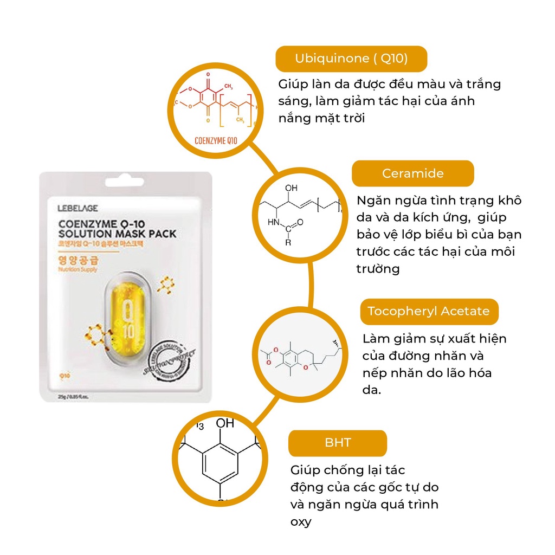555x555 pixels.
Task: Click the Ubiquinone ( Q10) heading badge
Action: point(351,59)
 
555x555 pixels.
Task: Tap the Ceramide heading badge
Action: point(412,173)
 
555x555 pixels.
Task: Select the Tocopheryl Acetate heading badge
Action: point(429,312)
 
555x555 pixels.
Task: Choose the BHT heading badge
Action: point(338,443)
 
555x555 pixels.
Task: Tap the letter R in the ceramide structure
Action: point(288,242)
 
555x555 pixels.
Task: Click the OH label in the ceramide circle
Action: point(291,188)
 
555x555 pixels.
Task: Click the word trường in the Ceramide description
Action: point(377,269)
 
